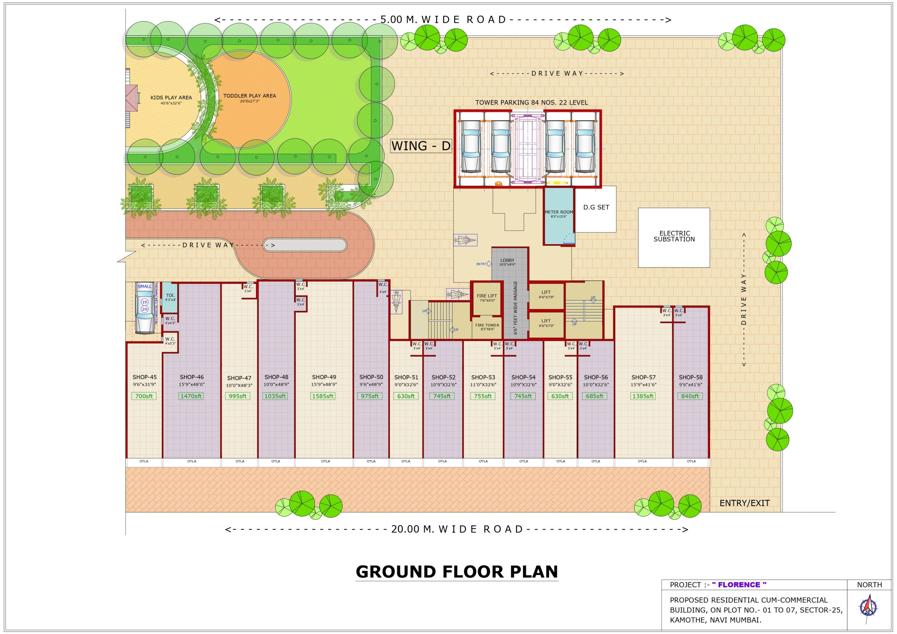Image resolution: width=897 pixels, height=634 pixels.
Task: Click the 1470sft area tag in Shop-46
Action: click(191, 396)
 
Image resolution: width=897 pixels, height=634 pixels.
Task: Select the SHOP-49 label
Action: click(324, 377)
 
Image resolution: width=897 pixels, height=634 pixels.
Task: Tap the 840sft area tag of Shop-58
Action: click(690, 396)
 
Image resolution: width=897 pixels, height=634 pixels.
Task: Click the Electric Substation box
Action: click(674, 237)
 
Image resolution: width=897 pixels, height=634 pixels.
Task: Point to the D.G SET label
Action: click(596, 207)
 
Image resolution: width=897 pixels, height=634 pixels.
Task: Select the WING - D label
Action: click(421, 146)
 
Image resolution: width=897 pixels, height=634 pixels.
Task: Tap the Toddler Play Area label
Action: click(249, 96)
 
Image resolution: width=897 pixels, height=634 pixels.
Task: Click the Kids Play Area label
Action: click(171, 98)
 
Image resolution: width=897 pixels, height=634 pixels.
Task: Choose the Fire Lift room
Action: click(487, 298)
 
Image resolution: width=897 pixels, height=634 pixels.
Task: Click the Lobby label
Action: click(507, 260)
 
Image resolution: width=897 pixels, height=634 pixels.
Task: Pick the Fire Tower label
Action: click(487, 325)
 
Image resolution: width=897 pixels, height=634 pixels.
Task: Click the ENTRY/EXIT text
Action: click(744, 503)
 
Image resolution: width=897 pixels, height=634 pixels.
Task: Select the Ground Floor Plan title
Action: click(457, 572)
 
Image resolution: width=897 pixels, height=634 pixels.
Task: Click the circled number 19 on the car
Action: click(145, 302)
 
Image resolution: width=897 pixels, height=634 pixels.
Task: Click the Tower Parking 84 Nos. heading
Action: click(531, 103)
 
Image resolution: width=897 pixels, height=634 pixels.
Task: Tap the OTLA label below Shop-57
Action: click(642, 461)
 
